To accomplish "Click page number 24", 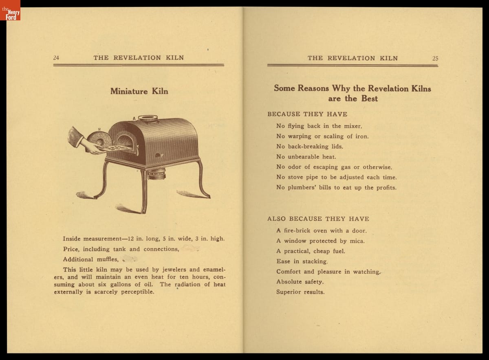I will coord(56,58).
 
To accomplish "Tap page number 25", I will coord(435,58).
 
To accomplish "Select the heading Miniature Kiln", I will coord(139,91).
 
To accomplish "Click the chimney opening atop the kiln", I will coord(148,118).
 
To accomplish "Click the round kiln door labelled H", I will coord(99,138).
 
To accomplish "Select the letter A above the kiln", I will coord(134,119).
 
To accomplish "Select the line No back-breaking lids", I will coord(310,147).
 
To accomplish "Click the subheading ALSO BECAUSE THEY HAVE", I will coord(318,219).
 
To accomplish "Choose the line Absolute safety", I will coord(300,282).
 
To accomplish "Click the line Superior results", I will coord(300,292).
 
